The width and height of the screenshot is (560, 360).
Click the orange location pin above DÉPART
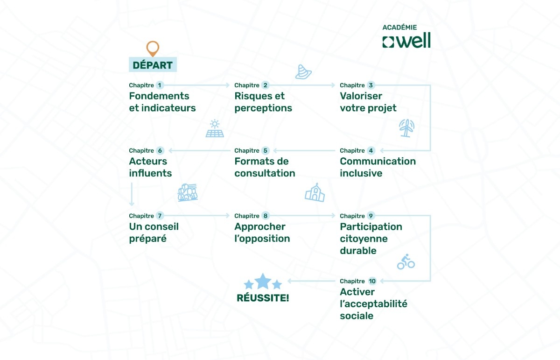click(153, 48)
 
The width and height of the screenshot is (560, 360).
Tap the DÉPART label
click(153, 65)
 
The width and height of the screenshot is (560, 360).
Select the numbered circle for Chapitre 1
click(160, 85)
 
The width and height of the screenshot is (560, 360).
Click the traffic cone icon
click(303, 71)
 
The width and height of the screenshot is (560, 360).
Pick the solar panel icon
click(215, 129)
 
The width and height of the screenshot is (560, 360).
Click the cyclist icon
click(406, 261)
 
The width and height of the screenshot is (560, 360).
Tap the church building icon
click(315, 192)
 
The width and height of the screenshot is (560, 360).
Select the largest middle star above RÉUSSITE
click(263, 281)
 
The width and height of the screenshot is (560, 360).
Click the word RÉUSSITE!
click(263, 297)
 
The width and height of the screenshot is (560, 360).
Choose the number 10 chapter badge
click(372, 281)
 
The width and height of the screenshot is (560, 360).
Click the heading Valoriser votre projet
click(368, 102)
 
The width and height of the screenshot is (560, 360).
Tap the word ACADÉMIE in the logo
click(399, 28)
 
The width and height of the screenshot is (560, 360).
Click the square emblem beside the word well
click(388, 42)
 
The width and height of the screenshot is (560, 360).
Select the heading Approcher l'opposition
click(262, 233)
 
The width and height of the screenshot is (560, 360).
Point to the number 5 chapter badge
click(266, 150)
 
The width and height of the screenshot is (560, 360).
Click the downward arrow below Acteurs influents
click(132, 194)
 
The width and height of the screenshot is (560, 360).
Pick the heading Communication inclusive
click(378, 167)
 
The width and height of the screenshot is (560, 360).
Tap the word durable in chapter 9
click(358, 250)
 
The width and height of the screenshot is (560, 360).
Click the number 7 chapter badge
click(160, 216)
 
